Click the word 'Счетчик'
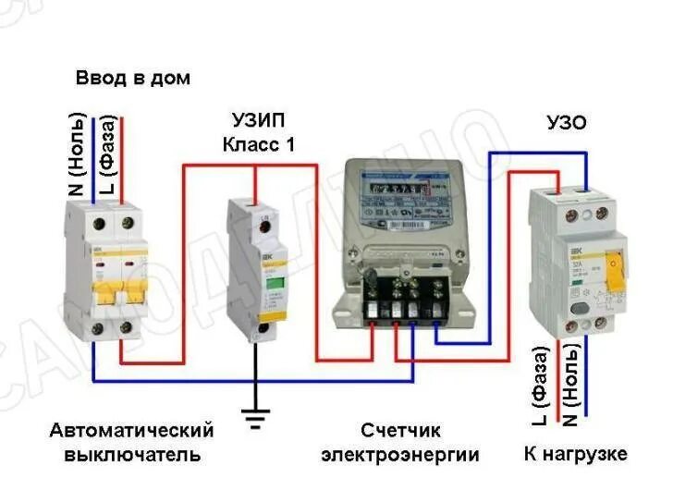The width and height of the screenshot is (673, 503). click(400, 431)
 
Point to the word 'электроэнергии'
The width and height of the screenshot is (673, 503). click(400, 455)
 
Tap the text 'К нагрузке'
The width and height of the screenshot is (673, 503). click(575, 454)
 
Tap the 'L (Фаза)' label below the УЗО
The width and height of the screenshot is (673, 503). click(543, 386)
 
